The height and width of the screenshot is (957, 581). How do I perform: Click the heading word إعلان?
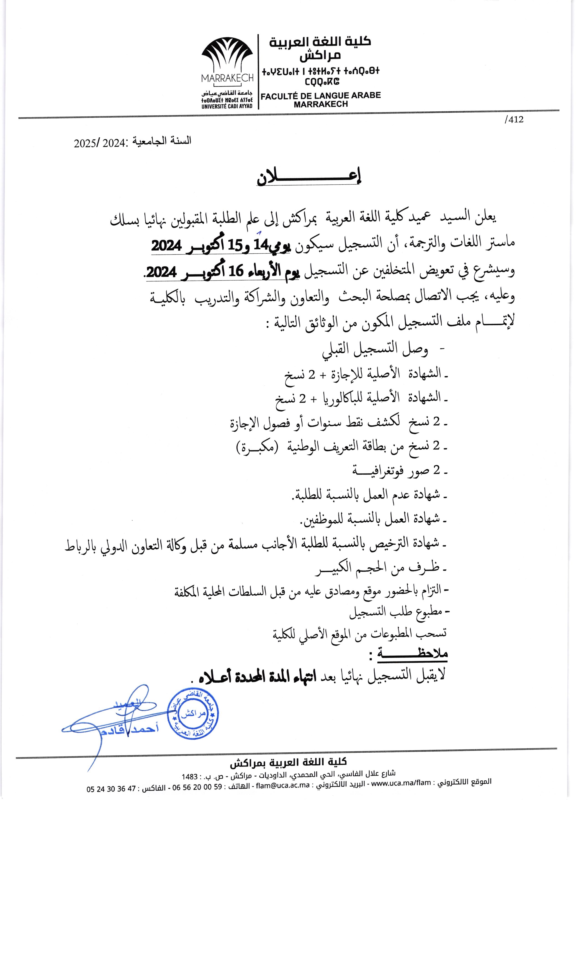coord(309,178)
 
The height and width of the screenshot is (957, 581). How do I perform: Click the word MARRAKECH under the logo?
coord(227,78)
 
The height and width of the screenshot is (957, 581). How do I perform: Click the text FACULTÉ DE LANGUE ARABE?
coord(321,95)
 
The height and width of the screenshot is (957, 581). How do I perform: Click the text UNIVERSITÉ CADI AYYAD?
coord(227,106)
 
